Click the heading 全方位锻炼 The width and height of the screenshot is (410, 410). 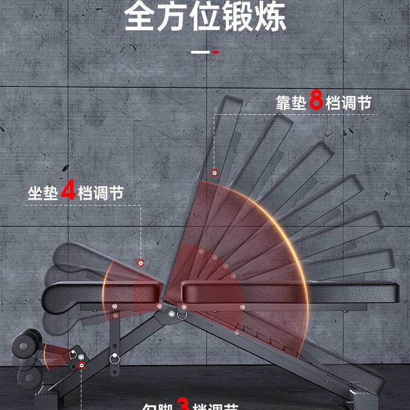coord(205,17)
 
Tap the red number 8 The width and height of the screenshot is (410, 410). coord(316,102)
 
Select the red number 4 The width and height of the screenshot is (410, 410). coord(68,192)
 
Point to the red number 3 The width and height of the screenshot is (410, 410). coord(184,405)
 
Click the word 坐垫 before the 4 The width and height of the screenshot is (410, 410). coord(43,194)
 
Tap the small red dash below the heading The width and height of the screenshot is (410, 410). coord(216,52)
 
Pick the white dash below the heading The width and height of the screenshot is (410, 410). coord(200,52)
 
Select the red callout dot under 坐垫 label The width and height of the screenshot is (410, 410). coord(140,263)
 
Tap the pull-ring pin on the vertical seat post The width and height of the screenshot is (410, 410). coord(115,359)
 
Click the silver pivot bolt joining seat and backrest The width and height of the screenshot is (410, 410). coord(172,315)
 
